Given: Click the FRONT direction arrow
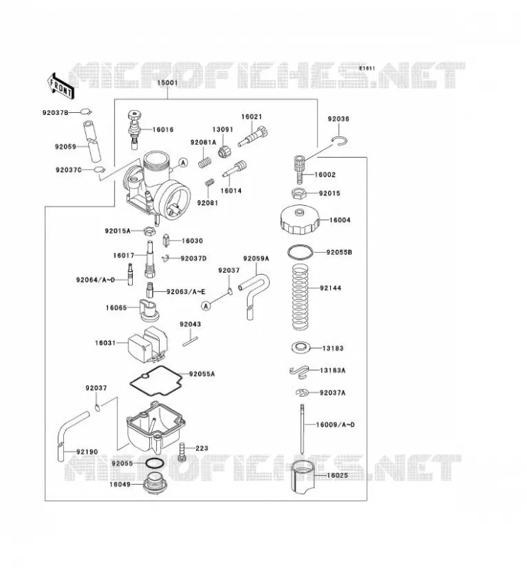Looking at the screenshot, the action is coord(60,86).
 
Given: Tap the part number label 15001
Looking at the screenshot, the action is coord(168,83).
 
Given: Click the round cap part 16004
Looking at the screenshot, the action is coord(300,219).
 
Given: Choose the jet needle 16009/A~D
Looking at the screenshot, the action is coord(302,430).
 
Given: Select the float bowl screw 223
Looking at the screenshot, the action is coord(182,452).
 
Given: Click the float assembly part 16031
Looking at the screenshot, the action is coord(148,344).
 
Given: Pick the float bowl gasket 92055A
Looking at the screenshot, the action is coord(156,381).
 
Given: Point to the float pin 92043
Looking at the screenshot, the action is coord(190,342).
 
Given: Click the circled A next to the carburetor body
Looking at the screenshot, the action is coord(183,163).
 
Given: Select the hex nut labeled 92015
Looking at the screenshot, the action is coord(300,193).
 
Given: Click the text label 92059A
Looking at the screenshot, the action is coord(256,258).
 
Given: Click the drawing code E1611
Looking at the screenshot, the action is coord(367,68).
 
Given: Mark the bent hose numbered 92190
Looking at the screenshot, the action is coord(71,437).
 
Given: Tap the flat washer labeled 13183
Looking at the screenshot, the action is coord(300,348).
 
